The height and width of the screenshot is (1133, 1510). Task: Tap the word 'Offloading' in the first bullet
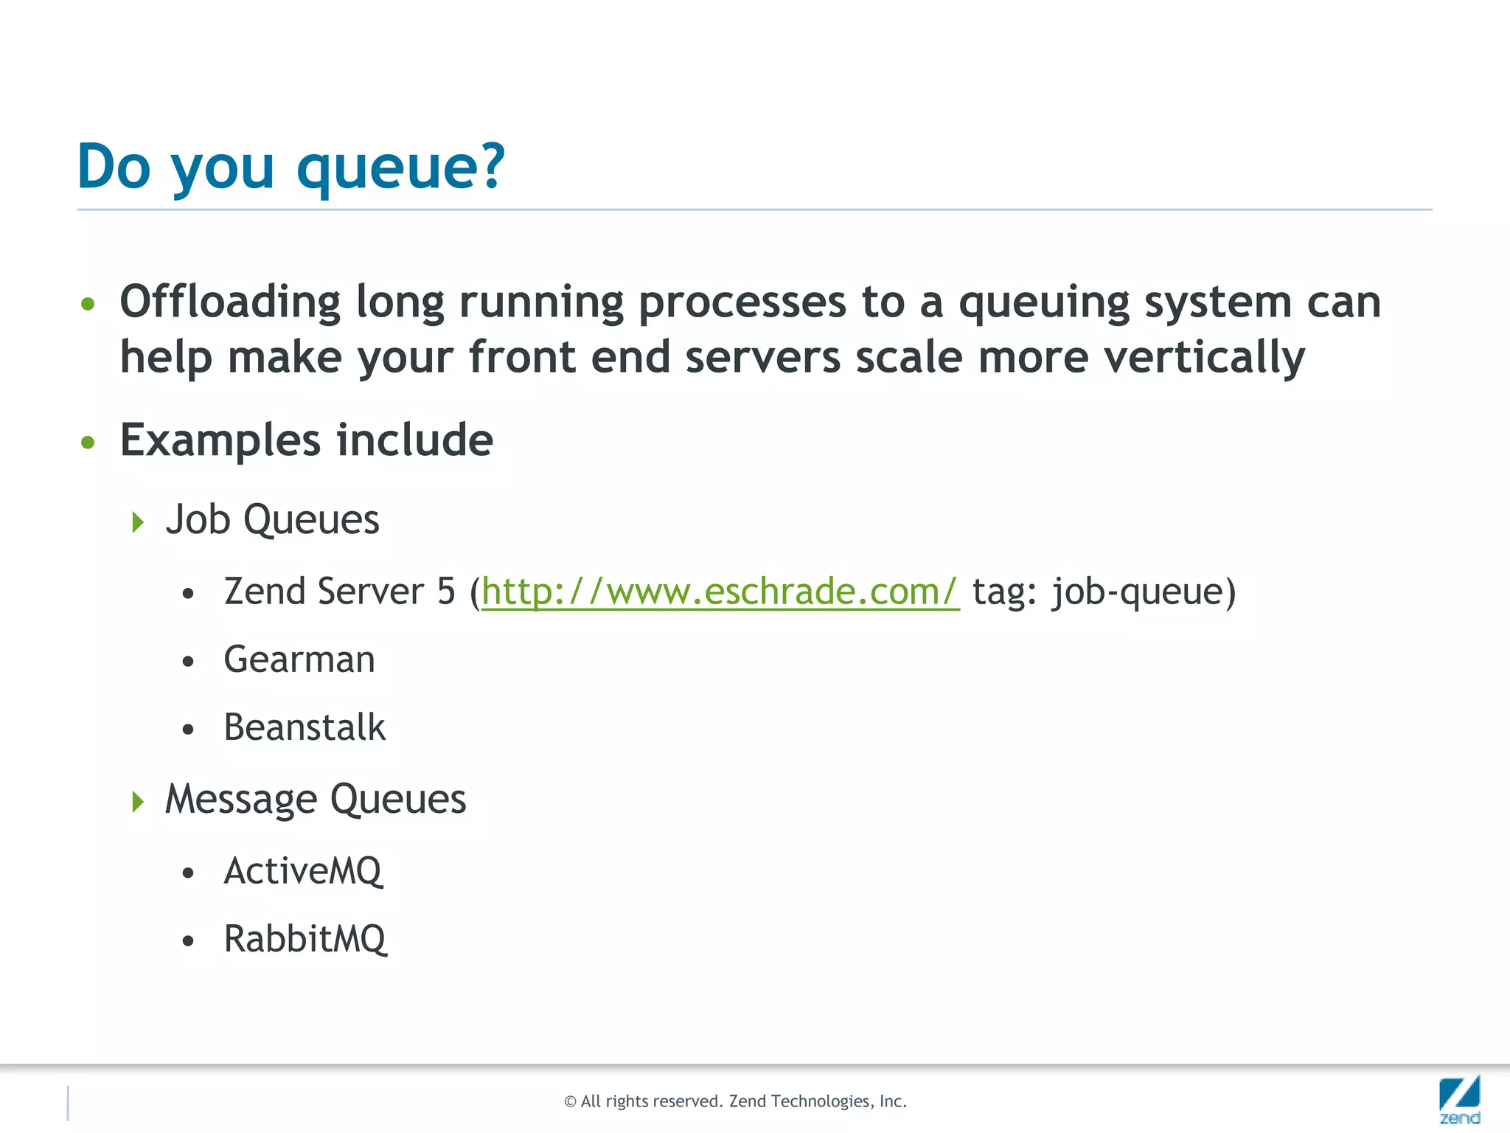230,302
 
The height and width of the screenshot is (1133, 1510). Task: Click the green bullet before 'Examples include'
88,443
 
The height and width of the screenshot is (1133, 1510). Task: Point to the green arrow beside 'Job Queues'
138,522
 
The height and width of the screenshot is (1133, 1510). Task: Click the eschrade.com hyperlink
720,592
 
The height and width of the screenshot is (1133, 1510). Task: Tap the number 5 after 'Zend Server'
446,592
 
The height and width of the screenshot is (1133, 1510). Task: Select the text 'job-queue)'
1144,592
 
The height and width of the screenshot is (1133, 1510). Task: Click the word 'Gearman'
299,659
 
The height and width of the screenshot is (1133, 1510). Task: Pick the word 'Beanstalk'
305,727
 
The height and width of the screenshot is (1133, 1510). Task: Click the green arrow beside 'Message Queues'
138,801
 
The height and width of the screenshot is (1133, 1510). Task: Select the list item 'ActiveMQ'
303,871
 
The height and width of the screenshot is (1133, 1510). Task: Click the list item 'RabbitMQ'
305,939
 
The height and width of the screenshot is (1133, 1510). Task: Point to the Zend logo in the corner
1459,1099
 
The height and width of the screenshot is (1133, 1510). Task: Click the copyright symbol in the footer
570,1102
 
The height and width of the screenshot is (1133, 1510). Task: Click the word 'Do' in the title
114,167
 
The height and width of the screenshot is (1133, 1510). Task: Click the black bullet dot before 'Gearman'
188,662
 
